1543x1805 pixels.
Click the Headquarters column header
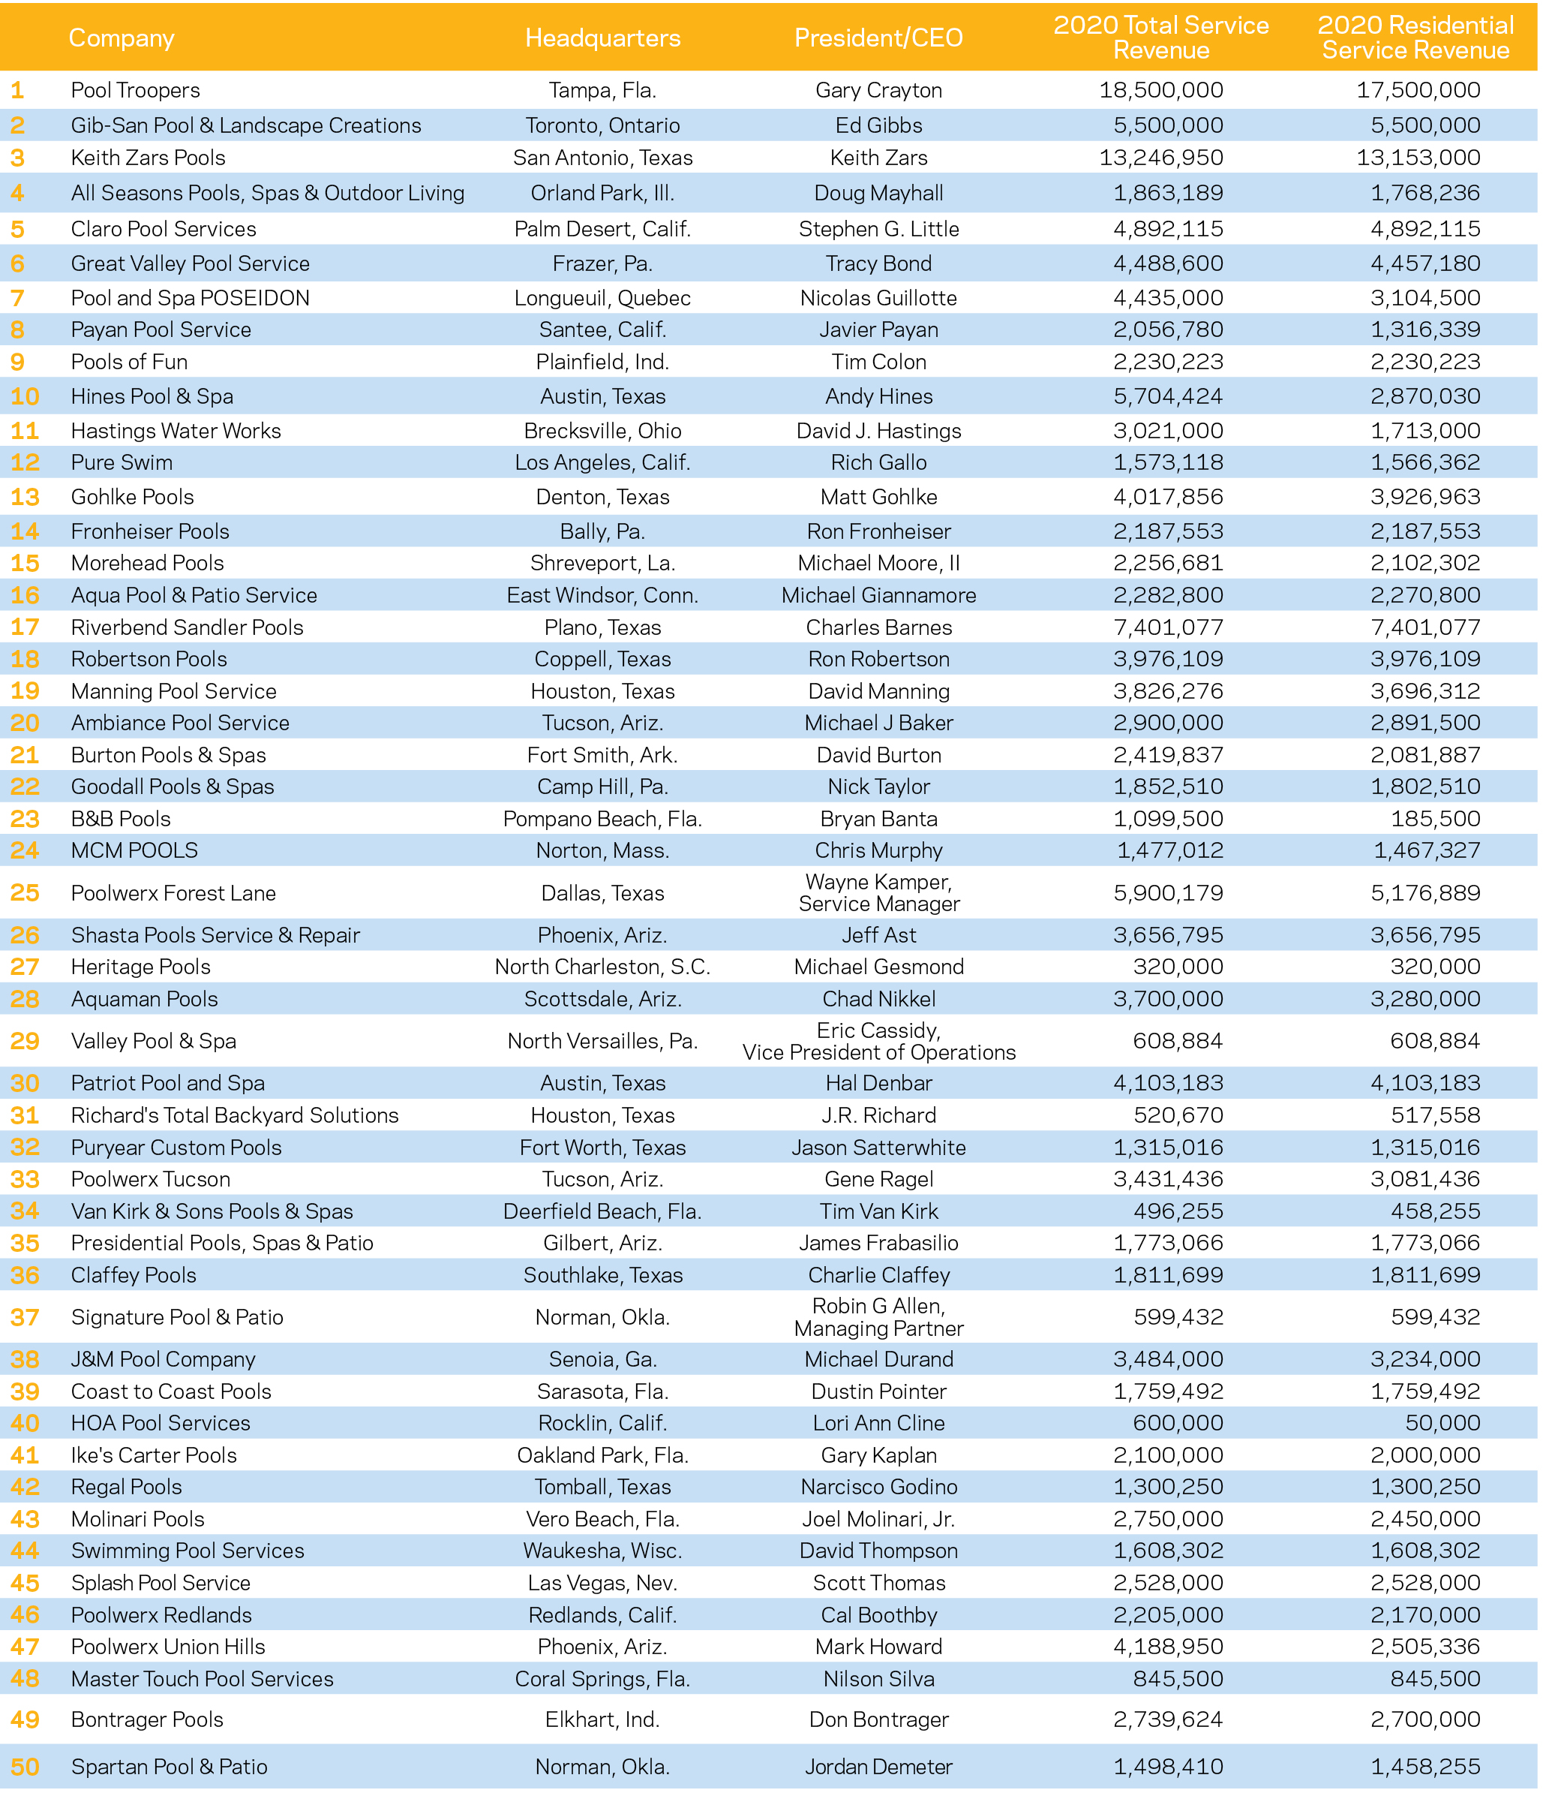(602, 38)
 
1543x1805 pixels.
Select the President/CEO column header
(878, 38)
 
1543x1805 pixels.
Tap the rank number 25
(25, 893)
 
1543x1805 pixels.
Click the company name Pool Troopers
(135, 91)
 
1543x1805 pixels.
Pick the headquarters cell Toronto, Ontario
(602, 125)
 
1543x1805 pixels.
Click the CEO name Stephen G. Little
(878, 229)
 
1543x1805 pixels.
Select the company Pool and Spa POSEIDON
(190, 298)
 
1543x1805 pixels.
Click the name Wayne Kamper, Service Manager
(878, 893)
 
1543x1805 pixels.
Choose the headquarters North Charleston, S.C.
(602, 967)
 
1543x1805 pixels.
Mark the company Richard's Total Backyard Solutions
(234, 1115)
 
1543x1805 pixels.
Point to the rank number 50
(25, 1767)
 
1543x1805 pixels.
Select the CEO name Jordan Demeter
(878, 1767)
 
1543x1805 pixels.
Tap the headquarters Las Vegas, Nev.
(602, 1583)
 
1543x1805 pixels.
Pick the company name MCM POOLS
(134, 850)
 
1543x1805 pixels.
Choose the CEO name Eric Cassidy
(878, 1030)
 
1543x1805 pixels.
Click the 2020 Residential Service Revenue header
(1415, 38)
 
